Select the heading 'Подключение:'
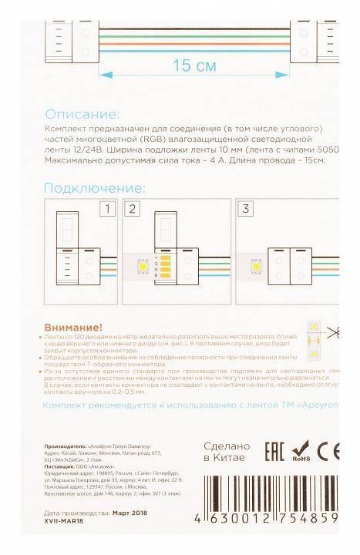coord(94,188)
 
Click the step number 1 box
coord(109,209)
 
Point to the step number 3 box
coord(246,209)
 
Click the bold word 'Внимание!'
coord(74,328)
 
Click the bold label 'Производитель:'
coord(66,446)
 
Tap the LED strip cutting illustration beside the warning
coord(315,339)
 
